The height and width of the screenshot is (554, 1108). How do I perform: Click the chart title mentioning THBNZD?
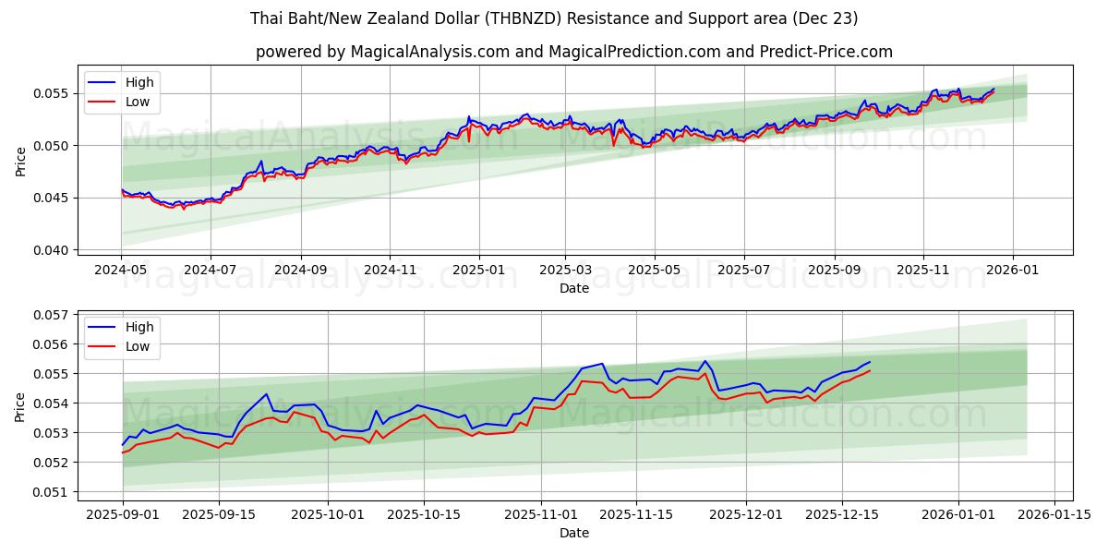[554, 18]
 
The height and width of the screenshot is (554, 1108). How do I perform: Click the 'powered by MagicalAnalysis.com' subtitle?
[573, 52]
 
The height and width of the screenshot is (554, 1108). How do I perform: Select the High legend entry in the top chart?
[139, 83]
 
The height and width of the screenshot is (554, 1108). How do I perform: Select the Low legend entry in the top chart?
[137, 102]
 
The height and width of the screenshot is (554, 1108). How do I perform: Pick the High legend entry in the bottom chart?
[139, 327]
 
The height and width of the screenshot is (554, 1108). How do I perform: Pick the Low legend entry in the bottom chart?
[137, 346]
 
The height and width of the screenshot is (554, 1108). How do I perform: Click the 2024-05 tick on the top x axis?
[122, 271]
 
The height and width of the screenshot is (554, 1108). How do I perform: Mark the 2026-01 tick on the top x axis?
[1013, 271]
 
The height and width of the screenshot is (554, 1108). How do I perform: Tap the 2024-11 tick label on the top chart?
[389, 271]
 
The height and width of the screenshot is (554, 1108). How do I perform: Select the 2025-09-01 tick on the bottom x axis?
[122, 514]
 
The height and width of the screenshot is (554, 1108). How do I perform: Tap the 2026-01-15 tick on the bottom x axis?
[1055, 514]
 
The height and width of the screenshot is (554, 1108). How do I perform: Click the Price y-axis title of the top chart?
[20, 162]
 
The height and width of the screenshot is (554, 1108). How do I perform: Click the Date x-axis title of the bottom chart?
[573, 533]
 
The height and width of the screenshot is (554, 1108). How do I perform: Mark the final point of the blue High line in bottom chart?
[870, 362]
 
